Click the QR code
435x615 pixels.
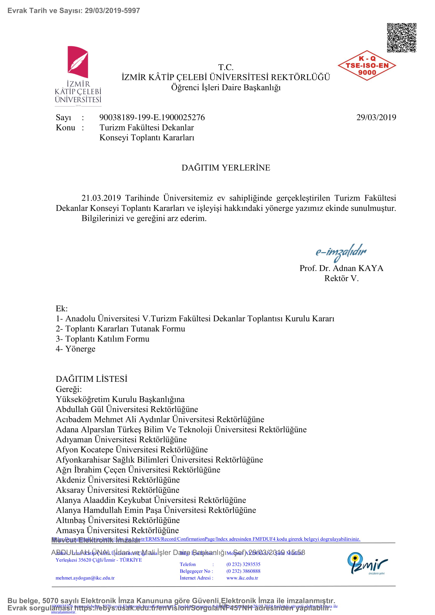[x=401, y=38]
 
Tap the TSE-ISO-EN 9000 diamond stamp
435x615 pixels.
[x=367, y=66]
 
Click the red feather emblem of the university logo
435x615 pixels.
[x=78, y=62]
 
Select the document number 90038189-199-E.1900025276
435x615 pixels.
[x=152, y=117]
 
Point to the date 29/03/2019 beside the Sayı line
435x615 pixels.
[x=376, y=117]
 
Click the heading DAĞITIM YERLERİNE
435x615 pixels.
[x=226, y=168]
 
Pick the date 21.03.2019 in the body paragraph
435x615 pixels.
[x=101, y=198]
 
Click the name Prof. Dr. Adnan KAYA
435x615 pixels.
[x=341, y=268]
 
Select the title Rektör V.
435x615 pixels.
[x=341, y=278]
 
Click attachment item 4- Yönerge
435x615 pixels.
[x=75, y=349]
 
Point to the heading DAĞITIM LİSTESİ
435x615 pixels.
[x=92, y=379]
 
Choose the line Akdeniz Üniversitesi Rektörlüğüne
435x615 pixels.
[x=118, y=480]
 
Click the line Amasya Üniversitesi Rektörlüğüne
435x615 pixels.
[x=117, y=530]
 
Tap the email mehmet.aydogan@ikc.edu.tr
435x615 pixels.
[x=85, y=578]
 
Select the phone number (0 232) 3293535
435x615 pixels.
[x=243, y=564]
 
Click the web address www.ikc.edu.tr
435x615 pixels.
[x=242, y=578]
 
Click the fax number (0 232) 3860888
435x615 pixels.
[x=243, y=571]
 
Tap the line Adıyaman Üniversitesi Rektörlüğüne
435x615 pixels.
[x=121, y=440]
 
